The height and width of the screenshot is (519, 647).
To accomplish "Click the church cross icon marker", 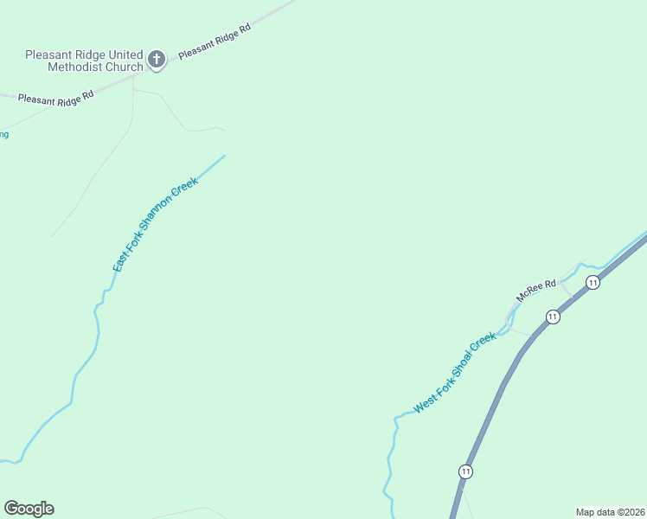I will [157, 59].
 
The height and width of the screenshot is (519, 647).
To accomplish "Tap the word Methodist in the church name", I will [75, 67].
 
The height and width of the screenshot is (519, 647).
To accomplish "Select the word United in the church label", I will [121, 54].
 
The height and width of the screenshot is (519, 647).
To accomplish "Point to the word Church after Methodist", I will [125, 67].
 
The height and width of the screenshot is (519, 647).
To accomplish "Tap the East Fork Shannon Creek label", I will [156, 225].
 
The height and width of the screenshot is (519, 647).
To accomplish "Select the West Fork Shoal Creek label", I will [455, 373].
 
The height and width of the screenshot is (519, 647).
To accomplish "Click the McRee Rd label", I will [534, 290].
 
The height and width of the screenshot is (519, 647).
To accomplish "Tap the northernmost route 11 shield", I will [593, 282].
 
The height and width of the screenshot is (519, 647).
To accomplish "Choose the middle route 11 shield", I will [553, 317].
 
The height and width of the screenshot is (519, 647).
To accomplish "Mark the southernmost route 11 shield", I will [466, 471].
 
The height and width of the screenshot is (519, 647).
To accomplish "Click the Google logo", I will [29, 509].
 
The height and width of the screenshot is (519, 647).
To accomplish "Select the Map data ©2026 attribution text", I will [610, 512].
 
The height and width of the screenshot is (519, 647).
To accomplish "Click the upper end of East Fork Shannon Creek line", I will [224, 157].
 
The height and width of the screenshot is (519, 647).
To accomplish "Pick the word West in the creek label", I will [424, 402].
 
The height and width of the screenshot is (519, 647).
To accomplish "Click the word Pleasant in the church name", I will [50, 54].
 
